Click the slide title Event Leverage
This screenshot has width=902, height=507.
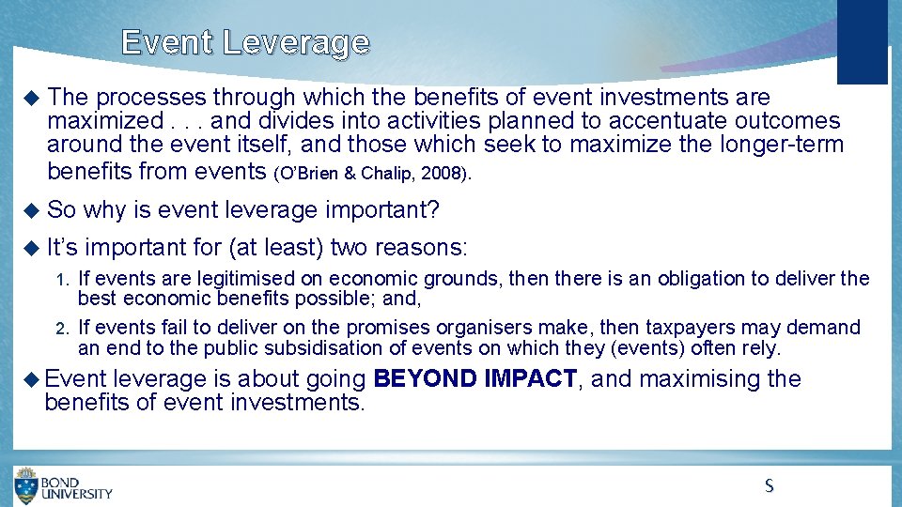(x=245, y=43)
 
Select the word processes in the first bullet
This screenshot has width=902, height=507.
(x=151, y=98)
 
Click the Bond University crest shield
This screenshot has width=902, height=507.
(x=26, y=485)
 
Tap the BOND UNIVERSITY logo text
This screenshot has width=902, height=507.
(x=77, y=486)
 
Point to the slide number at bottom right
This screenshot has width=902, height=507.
(x=769, y=485)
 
